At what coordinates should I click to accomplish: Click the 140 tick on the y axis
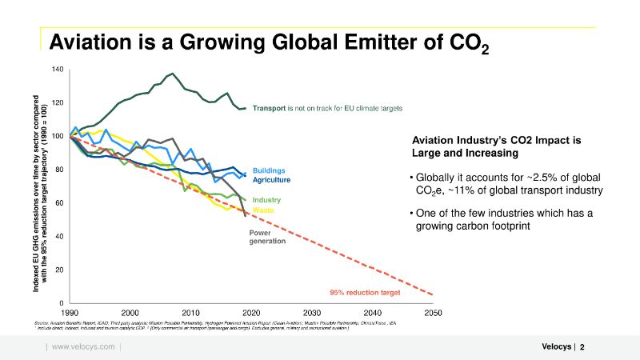[x=58, y=70]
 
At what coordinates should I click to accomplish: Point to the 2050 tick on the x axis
[x=433, y=312]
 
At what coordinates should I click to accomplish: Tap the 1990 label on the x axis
[x=70, y=312]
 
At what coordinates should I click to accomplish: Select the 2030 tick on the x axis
[x=312, y=312]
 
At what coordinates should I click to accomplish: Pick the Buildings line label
[x=268, y=170]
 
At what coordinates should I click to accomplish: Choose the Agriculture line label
[x=271, y=180]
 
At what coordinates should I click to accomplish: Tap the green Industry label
[x=266, y=199]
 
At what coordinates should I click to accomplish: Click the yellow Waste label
[x=263, y=210]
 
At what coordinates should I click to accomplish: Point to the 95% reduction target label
[x=365, y=293]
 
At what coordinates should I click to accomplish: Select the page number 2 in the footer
[x=582, y=346]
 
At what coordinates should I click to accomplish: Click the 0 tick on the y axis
[x=62, y=302]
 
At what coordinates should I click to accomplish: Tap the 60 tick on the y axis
[x=59, y=203]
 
